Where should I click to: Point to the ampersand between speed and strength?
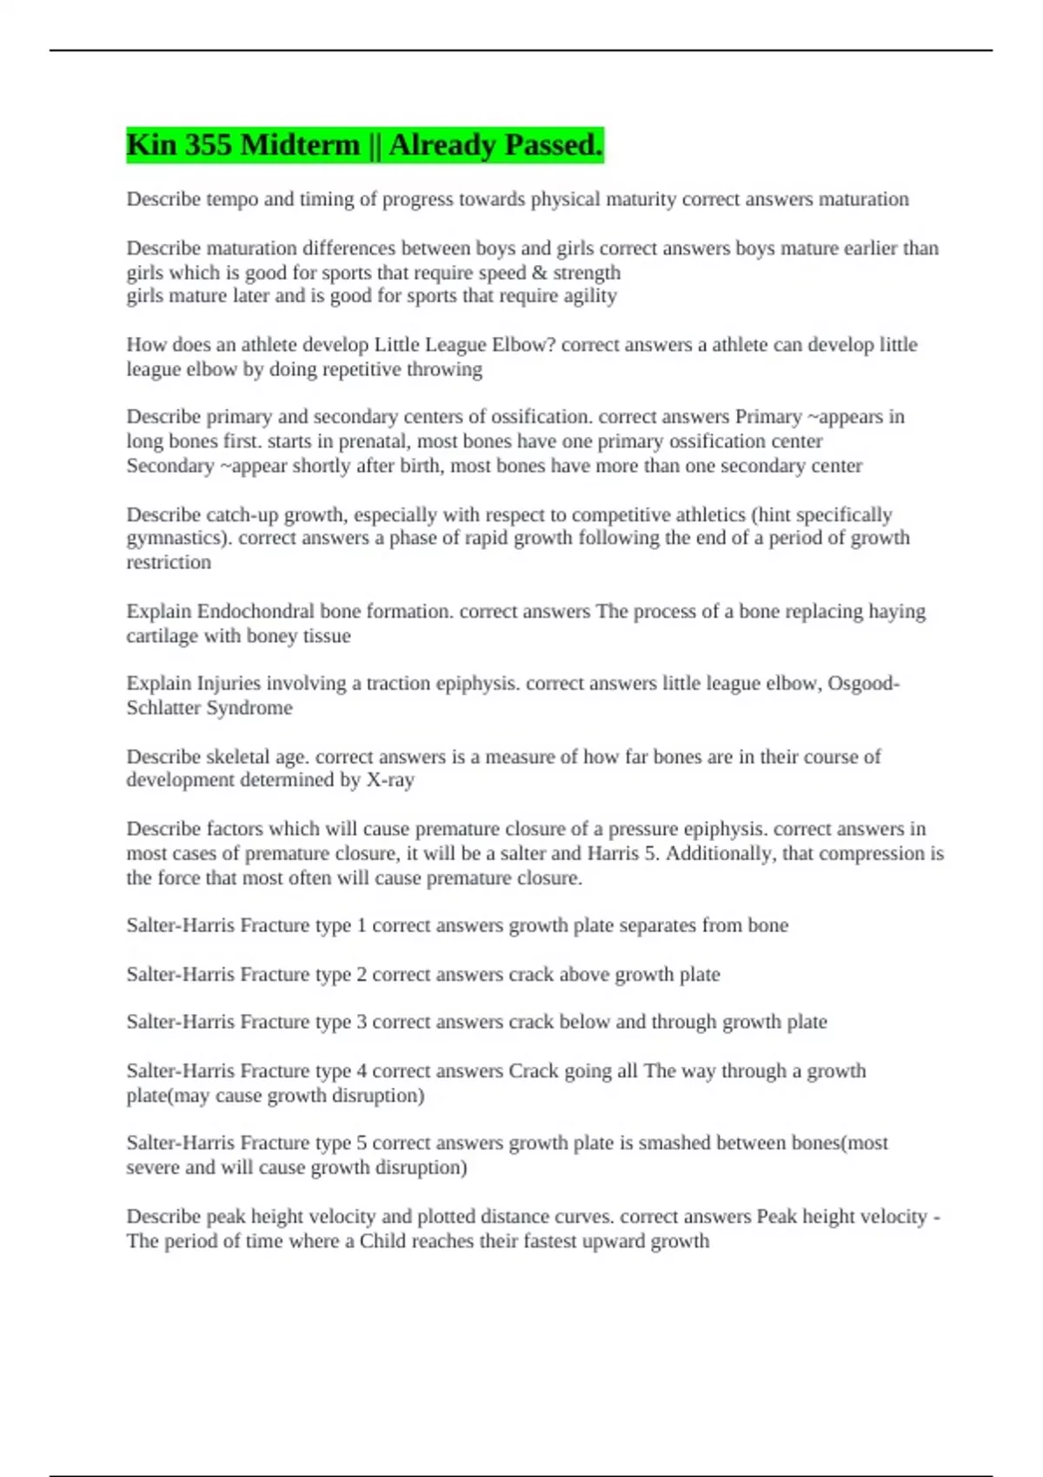pos(539,273)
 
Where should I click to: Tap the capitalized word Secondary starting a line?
pos(169,466)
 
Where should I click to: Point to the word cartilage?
pos(162,636)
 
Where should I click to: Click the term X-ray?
pos(389,780)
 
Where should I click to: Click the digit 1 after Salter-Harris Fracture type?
pos(362,925)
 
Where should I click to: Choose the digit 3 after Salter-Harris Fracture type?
pos(362,1022)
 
